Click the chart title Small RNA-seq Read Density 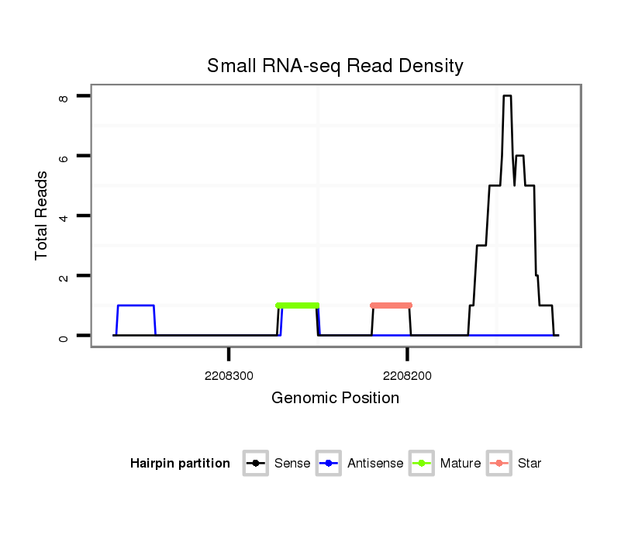pos(335,66)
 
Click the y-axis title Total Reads pos(42,215)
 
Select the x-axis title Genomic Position pos(335,399)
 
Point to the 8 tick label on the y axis pos(64,98)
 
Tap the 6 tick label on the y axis pos(64,157)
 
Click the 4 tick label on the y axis pos(64,217)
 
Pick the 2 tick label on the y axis pos(64,277)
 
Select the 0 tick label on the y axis pos(64,337)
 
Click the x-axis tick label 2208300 pos(229,375)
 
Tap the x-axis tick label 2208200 pos(408,375)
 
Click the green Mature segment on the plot pos(298,305)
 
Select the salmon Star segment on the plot pos(391,305)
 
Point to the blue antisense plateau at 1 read pos(136,305)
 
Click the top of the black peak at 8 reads pos(507,96)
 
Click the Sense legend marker pos(255,464)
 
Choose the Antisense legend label pos(375,464)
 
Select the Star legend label pos(530,464)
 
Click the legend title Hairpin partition pos(180,464)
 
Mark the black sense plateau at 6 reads pos(520,156)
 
